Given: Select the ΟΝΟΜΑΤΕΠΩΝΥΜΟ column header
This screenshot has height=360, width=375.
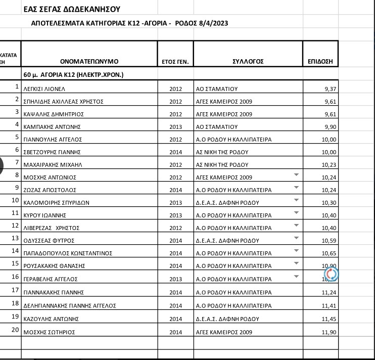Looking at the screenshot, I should (x=89, y=62).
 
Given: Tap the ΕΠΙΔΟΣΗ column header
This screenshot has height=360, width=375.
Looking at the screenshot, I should (x=320, y=62).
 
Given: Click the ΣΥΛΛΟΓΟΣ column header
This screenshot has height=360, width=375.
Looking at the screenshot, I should (x=248, y=62).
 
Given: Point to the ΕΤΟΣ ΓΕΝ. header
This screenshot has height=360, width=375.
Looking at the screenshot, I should (x=175, y=62).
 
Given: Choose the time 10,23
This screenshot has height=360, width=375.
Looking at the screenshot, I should (x=329, y=165).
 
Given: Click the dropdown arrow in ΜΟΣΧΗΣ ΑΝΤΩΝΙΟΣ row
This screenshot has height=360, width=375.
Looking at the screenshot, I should (x=296, y=175).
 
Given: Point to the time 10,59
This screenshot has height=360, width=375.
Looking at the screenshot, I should (x=329, y=241).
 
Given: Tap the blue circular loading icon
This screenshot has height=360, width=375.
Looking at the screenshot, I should (x=331, y=274).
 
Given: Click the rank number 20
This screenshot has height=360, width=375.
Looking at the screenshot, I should (x=15, y=330).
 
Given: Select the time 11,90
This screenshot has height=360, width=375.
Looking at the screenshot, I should (x=329, y=332).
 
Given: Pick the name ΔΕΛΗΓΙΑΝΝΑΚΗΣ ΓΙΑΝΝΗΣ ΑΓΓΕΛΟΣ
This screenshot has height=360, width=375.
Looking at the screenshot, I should (x=70, y=306).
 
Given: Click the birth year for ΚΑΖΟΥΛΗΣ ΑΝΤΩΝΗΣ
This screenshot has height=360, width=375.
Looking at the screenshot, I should (x=175, y=319).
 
